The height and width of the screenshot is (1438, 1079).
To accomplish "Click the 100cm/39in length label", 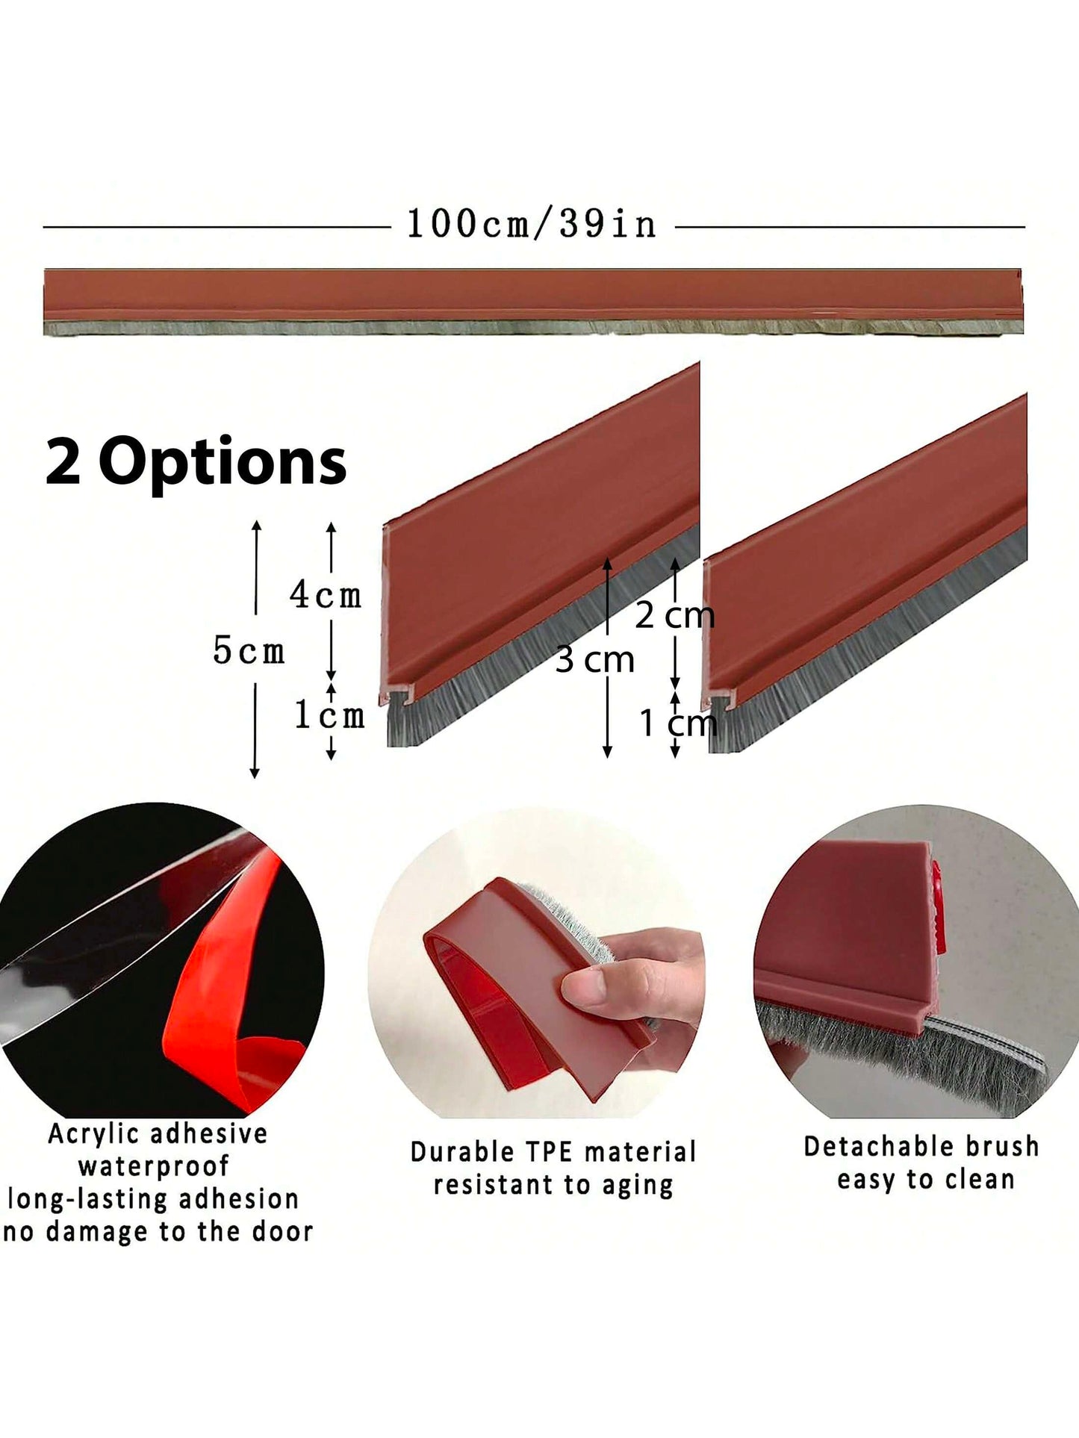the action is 531,224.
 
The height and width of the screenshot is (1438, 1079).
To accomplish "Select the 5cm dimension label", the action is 249,650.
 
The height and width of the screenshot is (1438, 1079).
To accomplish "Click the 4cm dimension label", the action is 326,594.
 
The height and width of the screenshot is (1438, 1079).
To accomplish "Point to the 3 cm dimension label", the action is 594,660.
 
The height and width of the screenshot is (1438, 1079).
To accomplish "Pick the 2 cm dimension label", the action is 675,616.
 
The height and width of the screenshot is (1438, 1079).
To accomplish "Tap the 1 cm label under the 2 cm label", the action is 679,723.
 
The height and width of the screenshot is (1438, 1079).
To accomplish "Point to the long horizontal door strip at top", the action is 533,302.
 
